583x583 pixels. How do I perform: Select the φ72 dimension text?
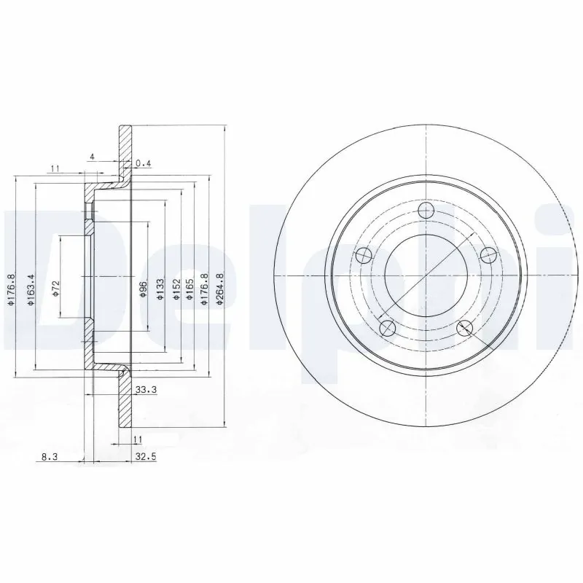coord(55,287)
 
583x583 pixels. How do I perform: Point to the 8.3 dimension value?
coord(47,457)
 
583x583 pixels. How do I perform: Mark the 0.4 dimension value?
coord(143,163)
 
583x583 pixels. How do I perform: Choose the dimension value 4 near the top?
coord(92,156)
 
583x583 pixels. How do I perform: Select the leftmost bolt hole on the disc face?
coord(361,257)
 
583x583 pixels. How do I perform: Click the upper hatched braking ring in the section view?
coord(125,149)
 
